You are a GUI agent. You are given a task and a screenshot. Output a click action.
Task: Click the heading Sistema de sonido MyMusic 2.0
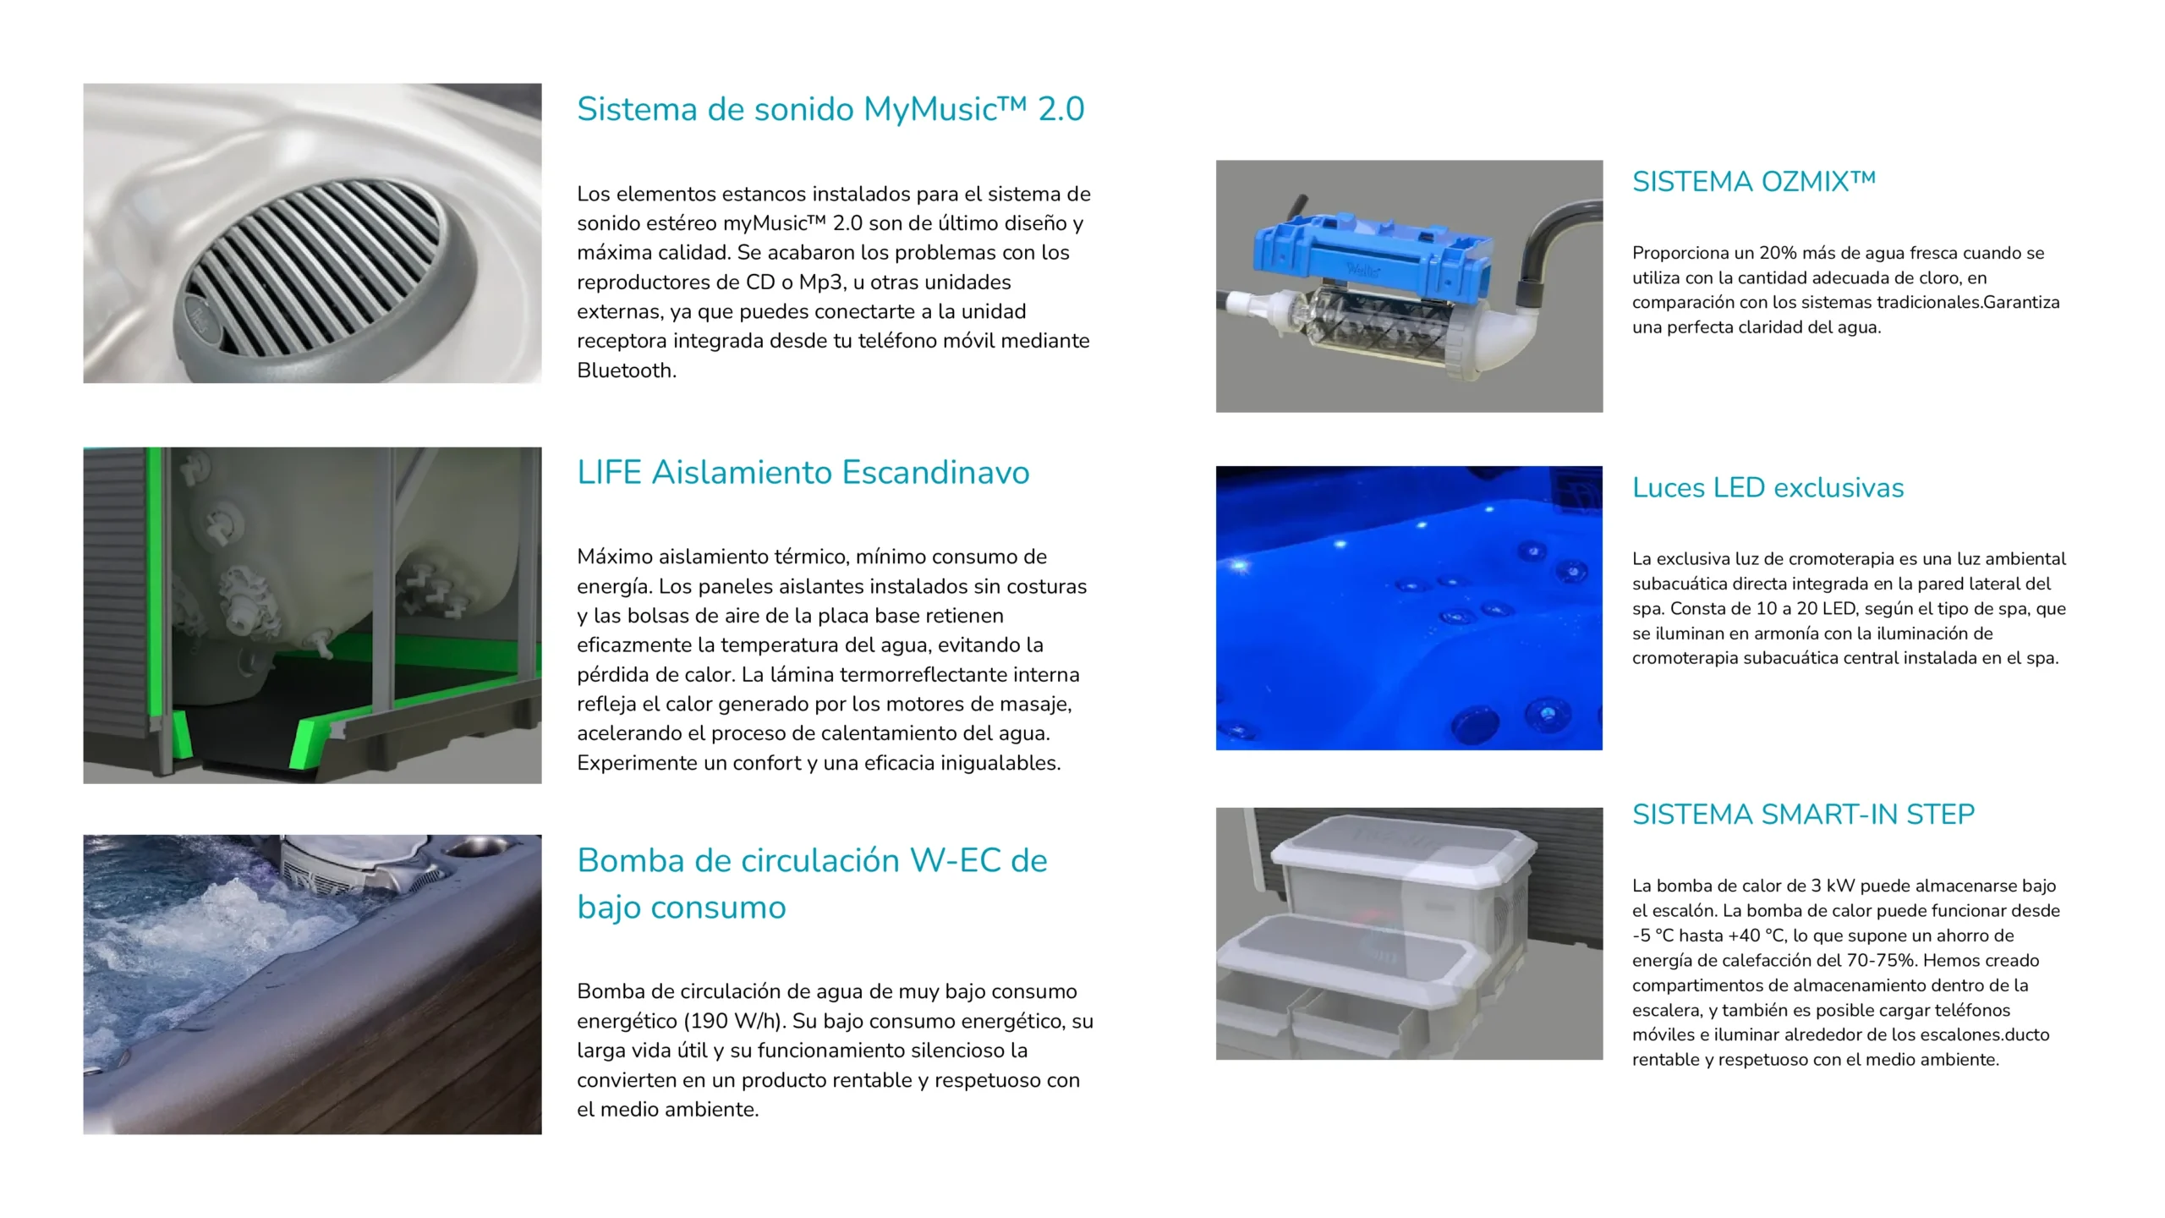click(830, 109)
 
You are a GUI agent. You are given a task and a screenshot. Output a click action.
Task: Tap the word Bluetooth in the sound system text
click(625, 370)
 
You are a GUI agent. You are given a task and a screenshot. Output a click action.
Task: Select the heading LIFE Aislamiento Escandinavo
click(803, 472)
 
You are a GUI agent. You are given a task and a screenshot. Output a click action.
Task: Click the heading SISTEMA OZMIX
click(1754, 182)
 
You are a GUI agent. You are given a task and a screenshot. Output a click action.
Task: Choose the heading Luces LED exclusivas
click(1768, 488)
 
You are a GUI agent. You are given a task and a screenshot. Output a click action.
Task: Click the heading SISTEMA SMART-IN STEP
click(1804, 815)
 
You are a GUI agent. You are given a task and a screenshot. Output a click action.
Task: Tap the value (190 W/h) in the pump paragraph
click(735, 1021)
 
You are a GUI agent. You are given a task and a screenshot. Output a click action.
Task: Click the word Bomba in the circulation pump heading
click(631, 861)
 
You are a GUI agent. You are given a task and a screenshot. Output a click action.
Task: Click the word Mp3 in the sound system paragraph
click(819, 283)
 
